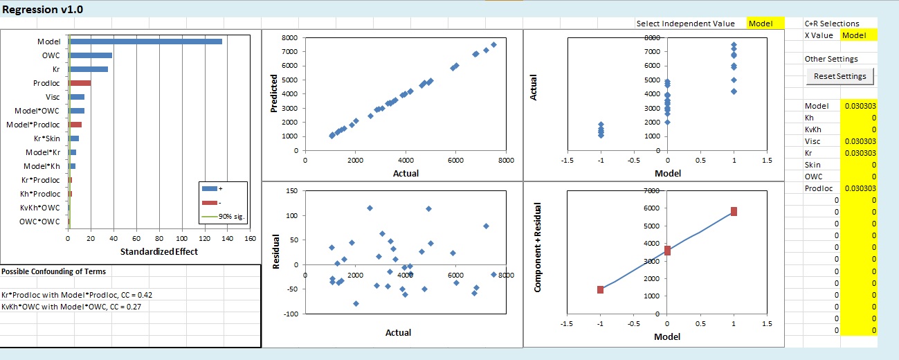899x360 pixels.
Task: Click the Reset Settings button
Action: coord(840,75)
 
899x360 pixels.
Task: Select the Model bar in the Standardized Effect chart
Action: coord(145,42)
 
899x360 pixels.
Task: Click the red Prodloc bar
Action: coord(80,83)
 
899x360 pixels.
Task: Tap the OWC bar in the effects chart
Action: coord(91,55)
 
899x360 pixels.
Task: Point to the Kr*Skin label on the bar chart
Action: coord(43,138)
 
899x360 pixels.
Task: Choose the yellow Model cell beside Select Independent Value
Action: coord(765,24)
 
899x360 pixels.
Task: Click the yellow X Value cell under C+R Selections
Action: coord(857,35)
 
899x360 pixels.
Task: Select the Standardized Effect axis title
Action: coord(158,251)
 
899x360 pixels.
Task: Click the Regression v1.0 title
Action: coord(40,10)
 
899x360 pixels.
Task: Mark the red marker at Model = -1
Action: coord(600,289)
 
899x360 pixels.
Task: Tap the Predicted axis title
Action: coord(275,93)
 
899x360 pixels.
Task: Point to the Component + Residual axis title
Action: coord(537,247)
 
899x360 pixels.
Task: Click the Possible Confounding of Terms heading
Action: coord(50,271)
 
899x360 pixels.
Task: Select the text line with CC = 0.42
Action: coord(77,295)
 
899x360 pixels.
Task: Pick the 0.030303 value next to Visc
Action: coord(859,141)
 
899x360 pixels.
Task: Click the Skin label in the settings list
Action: coord(812,165)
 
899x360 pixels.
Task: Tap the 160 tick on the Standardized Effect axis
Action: coord(251,239)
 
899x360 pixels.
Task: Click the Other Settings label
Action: coord(830,59)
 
